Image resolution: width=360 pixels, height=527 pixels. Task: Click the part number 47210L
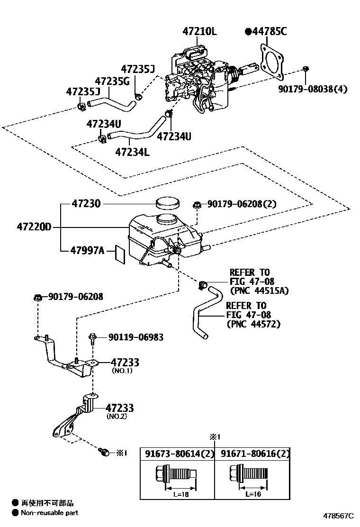click(x=199, y=31)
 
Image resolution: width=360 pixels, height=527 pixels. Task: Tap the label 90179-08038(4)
click(x=313, y=89)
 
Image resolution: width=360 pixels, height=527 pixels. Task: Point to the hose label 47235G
click(x=112, y=81)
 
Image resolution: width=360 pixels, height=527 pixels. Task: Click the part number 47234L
click(x=132, y=152)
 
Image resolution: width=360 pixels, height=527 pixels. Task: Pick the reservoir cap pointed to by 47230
click(x=168, y=203)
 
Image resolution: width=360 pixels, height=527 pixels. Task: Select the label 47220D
click(x=34, y=227)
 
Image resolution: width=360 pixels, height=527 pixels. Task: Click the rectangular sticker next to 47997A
click(x=120, y=254)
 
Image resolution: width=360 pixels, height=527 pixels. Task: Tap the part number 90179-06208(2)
click(x=242, y=204)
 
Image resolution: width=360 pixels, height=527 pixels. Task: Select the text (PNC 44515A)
click(x=259, y=291)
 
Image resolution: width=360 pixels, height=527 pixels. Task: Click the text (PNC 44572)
click(x=253, y=324)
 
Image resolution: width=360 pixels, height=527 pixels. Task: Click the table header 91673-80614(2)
click(x=180, y=454)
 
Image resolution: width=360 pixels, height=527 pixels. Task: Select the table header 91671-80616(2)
click(x=254, y=454)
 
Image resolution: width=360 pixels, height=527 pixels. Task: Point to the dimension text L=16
click(x=252, y=494)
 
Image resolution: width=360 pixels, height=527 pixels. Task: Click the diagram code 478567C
click(x=339, y=516)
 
